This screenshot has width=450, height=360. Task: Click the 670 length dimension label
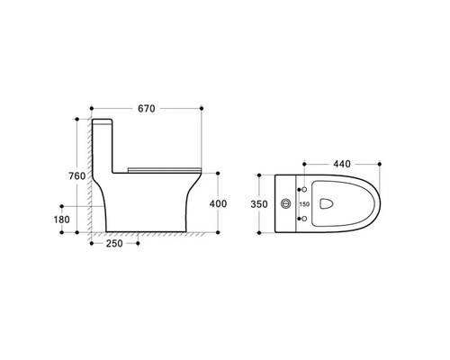pos(147,108)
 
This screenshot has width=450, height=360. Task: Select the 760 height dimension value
pos(77,175)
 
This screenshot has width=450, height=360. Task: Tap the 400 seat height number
pos(218,203)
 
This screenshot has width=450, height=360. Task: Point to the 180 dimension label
pos(62,220)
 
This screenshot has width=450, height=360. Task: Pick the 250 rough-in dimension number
pos(114,243)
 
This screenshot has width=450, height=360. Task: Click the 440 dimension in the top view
pos(342,164)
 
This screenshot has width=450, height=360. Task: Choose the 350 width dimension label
pos(259,204)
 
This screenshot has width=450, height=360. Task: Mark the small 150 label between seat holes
pos(304,204)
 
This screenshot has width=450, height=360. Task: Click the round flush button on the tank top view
pos(286,203)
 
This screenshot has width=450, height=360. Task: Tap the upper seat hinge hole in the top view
pos(304,190)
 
